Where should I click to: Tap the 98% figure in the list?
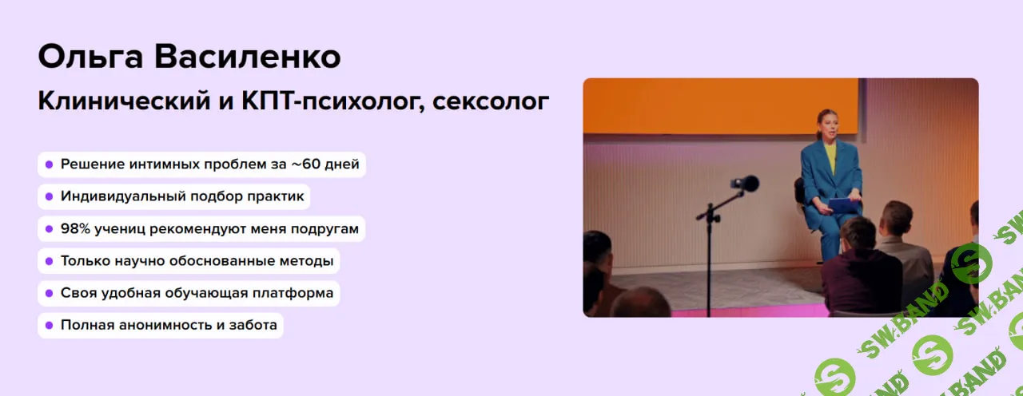click(76, 228)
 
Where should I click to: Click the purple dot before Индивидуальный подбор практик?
click(49, 196)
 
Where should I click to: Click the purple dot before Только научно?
click(49, 261)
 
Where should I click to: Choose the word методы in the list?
click(308, 261)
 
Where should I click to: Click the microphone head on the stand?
click(746, 184)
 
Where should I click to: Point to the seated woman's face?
click(826, 125)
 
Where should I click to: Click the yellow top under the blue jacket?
click(830, 156)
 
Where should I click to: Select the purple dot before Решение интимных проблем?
click(49, 164)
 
